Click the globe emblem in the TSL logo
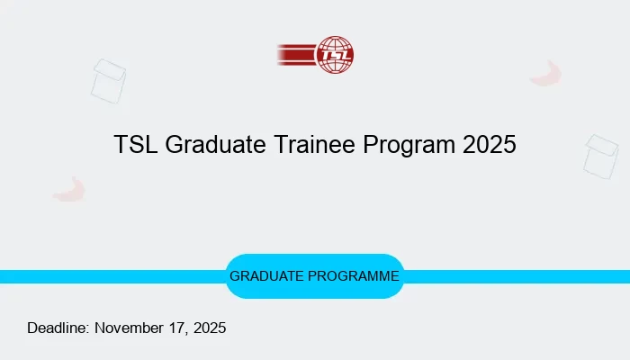tap(336, 54)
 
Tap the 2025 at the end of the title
tap(490, 145)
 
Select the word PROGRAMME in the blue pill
tap(355, 276)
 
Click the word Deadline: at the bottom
tap(58, 328)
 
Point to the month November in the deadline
tap(131, 328)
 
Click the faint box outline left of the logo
tap(108, 80)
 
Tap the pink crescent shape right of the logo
tap(546, 74)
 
